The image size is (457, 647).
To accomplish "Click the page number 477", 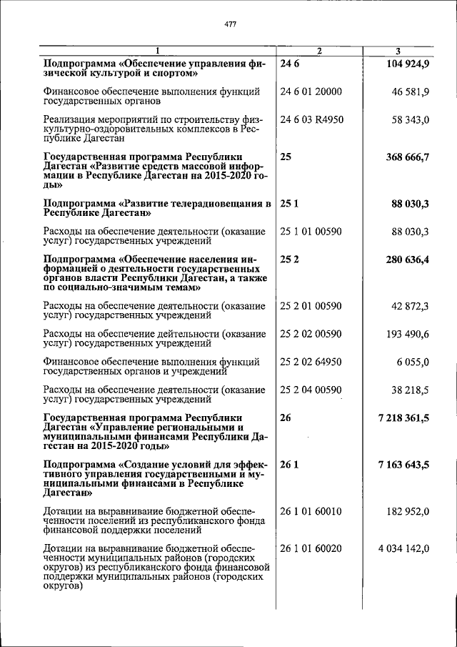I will tap(230, 24).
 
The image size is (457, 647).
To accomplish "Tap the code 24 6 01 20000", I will tap(312, 92).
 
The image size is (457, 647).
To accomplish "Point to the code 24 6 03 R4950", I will tap(312, 119).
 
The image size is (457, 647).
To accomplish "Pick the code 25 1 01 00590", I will tap(311, 232).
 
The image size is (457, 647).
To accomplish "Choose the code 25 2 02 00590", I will tap(311, 334).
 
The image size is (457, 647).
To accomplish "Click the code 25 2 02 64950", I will tap(311, 362).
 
